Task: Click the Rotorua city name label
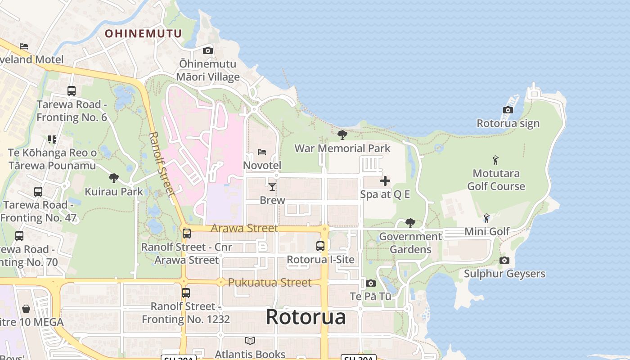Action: coord(306,317)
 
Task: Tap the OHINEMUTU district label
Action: coord(143,33)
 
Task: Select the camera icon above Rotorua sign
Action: coord(508,110)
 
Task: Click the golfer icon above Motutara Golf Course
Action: coord(495,160)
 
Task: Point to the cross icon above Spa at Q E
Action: coord(385,181)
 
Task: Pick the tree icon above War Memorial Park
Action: coord(342,135)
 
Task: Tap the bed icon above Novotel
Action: coord(262,152)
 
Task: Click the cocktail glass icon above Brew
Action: coord(272,186)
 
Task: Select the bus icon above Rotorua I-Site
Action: coord(320,246)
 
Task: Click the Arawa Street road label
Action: coord(244,228)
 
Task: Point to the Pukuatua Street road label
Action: coord(270,283)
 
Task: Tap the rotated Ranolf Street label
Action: coord(161,164)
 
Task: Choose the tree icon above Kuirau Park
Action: coord(114,178)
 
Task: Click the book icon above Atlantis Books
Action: coord(250,341)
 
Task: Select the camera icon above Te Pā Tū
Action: coord(370,283)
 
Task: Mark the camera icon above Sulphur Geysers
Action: coord(504,260)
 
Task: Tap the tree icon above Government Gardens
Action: coord(410,223)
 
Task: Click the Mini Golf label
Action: coord(487,232)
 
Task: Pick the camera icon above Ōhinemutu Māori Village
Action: coord(207,50)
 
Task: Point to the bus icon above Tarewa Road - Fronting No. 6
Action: coord(72,91)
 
